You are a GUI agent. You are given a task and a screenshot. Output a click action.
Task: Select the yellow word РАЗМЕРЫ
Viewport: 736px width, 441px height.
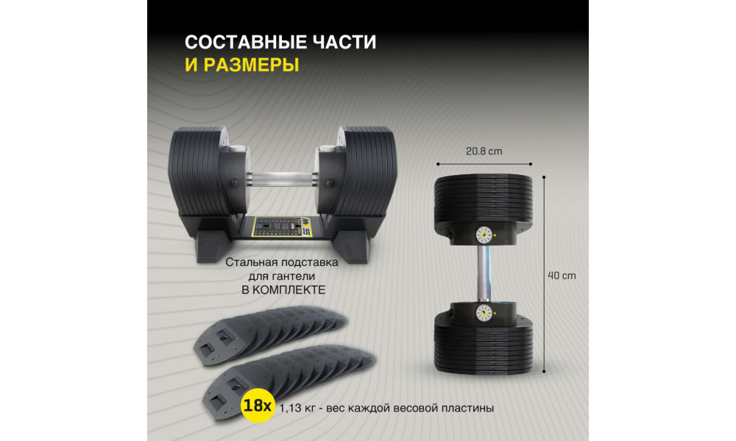pyautogui.click(x=251, y=65)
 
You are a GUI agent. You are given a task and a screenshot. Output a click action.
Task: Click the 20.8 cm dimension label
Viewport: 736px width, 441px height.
pyautogui.click(x=484, y=151)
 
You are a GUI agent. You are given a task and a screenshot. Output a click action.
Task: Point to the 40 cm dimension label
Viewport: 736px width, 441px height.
pyautogui.click(x=562, y=276)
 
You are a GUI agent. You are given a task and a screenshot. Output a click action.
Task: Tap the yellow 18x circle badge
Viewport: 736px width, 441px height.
pyautogui.click(x=258, y=406)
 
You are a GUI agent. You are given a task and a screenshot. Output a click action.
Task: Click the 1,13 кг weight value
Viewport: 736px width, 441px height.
pyautogui.click(x=297, y=408)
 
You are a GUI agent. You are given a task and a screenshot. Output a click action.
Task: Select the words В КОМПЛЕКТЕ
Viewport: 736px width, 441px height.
pyautogui.click(x=283, y=290)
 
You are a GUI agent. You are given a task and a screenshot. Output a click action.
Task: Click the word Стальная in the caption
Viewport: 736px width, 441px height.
pyautogui.click(x=249, y=262)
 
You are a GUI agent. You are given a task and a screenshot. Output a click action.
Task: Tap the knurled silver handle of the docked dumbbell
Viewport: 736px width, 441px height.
pyautogui.click(x=281, y=179)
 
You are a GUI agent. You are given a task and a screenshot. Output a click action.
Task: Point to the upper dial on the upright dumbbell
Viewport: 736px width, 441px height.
pyautogui.click(x=484, y=235)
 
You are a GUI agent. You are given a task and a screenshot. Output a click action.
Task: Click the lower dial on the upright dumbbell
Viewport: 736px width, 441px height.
pyautogui.click(x=484, y=312)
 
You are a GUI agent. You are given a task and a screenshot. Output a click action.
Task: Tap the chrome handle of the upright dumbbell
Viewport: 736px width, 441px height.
pyautogui.click(x=484, y=273)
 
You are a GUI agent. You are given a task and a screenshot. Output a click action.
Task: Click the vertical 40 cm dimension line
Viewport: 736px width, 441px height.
pyautogui.click(x=544, y=274)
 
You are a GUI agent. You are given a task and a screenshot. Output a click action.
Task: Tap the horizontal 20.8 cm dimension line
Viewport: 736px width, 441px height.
pyautogui.click(x=484, y=164)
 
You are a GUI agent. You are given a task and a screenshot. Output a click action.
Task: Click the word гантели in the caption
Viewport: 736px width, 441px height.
pyautogui.click(x=295, y=276)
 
